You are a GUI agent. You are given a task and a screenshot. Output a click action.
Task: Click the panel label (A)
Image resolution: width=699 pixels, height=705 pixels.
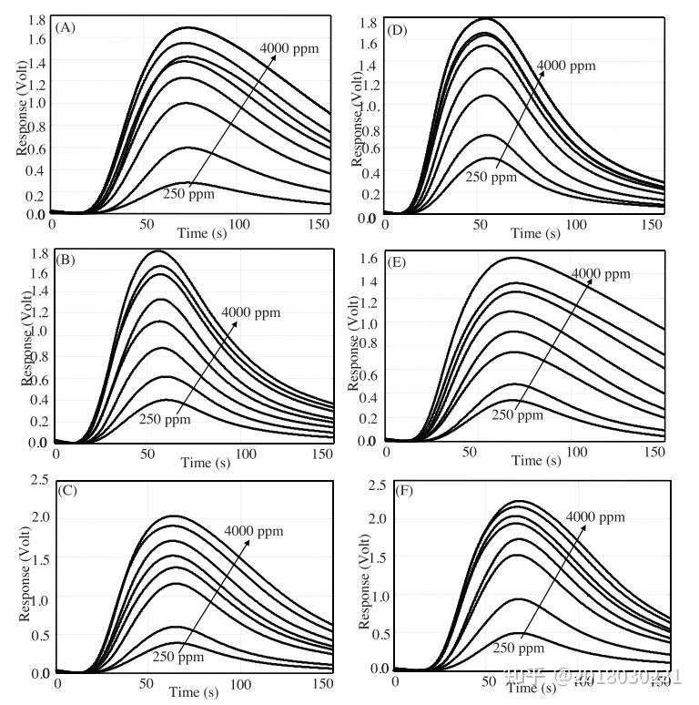pos(66,28)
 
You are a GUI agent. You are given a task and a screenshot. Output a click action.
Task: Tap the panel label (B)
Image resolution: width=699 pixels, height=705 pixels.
pos(66,260)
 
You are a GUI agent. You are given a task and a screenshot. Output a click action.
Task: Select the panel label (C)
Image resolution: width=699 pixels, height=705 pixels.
pos(66,490)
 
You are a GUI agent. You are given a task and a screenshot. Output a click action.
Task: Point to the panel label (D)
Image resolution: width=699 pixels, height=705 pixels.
pos(397,30)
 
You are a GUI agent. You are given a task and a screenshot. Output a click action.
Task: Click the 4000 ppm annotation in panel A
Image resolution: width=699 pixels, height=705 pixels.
pos(289,47)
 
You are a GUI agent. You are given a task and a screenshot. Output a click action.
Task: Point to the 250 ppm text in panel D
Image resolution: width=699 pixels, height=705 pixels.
pos(491,177)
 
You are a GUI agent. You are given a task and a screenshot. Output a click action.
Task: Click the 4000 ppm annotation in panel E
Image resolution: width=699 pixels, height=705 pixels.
pos(601,273)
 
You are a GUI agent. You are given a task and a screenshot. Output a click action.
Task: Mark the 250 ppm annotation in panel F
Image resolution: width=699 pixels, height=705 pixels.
pos(519,648)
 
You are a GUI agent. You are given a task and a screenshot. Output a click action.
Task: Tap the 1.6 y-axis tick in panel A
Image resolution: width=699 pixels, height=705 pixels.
pos(35,39)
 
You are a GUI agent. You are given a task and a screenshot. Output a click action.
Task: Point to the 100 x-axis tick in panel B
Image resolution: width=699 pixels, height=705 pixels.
pos(241,451)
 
